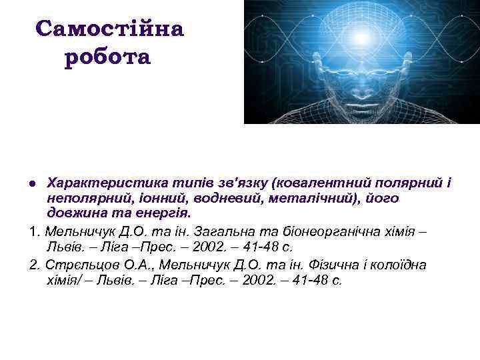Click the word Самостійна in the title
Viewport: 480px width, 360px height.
(109, 29)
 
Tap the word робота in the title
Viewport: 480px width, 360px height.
(109, 57)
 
